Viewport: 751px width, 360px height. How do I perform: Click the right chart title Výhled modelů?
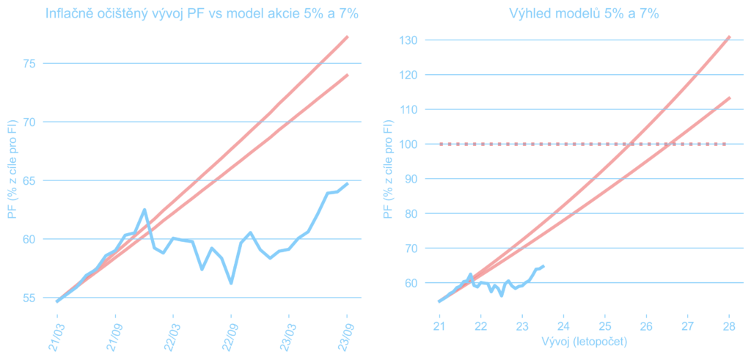pyautogui.click(x=583, y=14)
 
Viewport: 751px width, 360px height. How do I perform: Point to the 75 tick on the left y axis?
pyautogui.click(x=29, y=63)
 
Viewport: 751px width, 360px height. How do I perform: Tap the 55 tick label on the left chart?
pyautogui.click(x=29, y=298)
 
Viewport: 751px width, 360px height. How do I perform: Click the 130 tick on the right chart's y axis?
pyautogui.click(x=407, y=40)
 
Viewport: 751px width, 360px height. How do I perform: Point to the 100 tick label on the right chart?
pyautogui.click(x=407, y=144)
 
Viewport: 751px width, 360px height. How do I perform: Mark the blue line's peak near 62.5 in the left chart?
pyautogui.click(x=144, y=210)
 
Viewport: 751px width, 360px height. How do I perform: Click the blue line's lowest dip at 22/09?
pyautogui.click(x=231, y=283)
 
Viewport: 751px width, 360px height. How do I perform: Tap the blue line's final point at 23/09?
pyautogui.click(x=347, y=184)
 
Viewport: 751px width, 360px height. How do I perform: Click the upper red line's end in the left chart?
pyautogui.click(x=348, y=37)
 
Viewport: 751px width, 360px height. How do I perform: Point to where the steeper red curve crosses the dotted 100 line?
pyautogui.click(x=630, y=144)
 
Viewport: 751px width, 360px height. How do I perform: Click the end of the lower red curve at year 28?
pyautogui.click(x=730, y=98)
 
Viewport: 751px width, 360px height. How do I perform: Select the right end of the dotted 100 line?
pyautogui.click(x=725, y=144)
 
